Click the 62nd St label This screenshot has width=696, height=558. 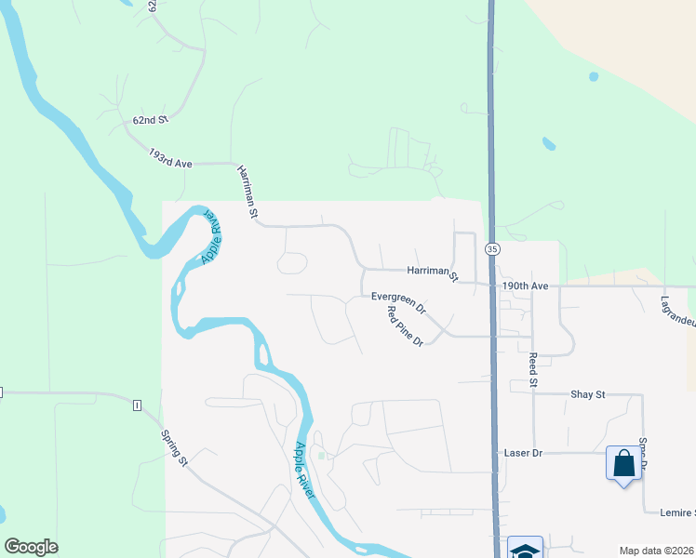tap(150, 120)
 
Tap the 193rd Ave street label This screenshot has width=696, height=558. tap(169, 157)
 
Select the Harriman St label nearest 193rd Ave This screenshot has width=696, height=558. tap(247, 192)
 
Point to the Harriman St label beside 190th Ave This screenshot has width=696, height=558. tap(433, 272)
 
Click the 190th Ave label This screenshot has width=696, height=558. tap(527, 286)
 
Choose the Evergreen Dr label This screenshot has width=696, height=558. tap(398, 301)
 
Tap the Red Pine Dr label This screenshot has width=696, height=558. tap(405, 325)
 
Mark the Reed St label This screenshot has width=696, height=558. tap(533, 369)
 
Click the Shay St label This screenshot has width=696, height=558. tap(587, 394)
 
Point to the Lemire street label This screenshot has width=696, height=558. tap(676, 513)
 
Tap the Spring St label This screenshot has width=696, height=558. tap(175, 447)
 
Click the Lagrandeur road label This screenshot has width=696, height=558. tap(677, 311)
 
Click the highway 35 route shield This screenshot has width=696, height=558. tap(492, 249)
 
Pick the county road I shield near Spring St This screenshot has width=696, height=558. tap(137, 405)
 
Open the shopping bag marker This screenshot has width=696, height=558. tap(622, 462)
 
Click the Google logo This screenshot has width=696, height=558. tap(31, 547)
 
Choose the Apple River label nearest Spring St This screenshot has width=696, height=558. tap(305, 470)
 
